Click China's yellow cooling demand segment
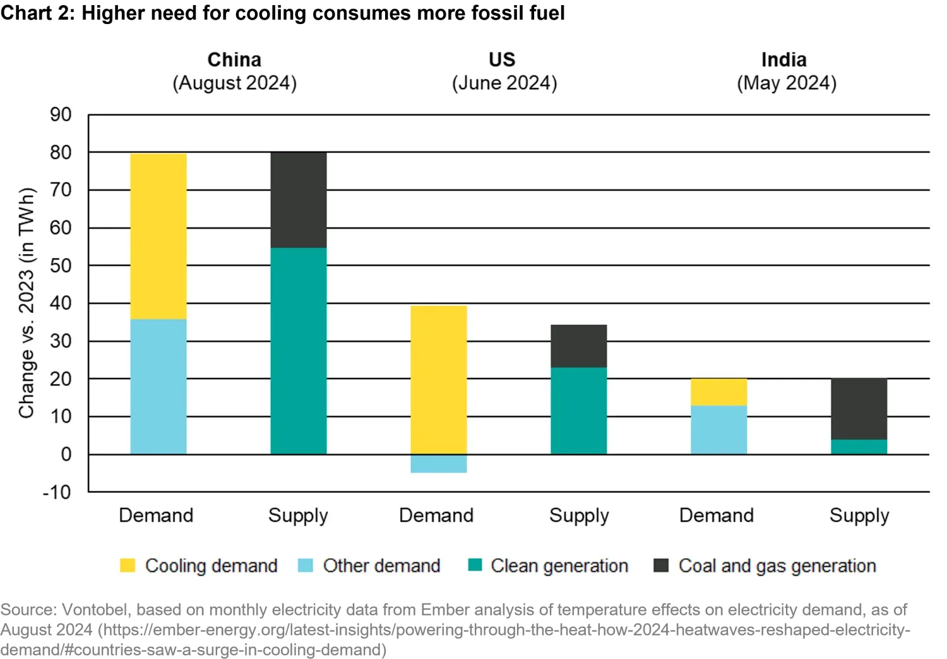[158, 236]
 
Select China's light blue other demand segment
[158, 387]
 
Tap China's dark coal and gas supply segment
[299, 200]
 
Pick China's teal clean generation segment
[299, 351]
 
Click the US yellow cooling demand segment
[439, 380]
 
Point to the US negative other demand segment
[439, 464]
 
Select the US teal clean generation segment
[579, 411]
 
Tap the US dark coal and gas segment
[579, 346]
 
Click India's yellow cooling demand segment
[719, 392]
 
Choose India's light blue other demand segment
[719, 430]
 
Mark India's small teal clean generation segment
[859, 447]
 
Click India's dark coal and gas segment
[859, 409]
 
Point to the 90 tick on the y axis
[61, 115]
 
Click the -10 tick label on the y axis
[57, 492]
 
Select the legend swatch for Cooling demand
[128, 565]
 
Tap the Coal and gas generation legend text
[777, 565]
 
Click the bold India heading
[784, 60]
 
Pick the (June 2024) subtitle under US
[504, 83]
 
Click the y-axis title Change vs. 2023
[27, 303]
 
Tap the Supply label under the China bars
[298, 516]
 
